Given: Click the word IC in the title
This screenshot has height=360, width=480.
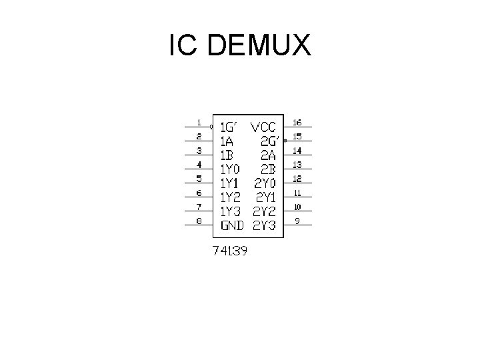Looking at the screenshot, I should click(182, 45).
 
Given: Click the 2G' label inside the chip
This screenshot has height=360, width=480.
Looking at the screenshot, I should click(269, 141).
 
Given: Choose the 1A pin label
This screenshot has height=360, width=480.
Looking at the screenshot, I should click(227, 141).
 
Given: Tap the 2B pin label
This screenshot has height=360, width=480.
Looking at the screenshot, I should click(270, 169).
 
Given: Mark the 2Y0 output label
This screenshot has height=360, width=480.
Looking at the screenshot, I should click(267, 183).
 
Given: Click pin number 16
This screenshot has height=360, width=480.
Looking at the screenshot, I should click(297, 123).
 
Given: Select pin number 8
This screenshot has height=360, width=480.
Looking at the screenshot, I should click(199, 221).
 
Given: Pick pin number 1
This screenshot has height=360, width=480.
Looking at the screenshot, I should click(199, 123).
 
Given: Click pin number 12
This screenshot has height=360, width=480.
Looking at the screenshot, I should click(297, 179).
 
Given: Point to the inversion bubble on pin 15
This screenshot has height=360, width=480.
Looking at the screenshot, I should click(285, 141).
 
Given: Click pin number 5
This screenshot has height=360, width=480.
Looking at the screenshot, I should click(199, 179).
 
